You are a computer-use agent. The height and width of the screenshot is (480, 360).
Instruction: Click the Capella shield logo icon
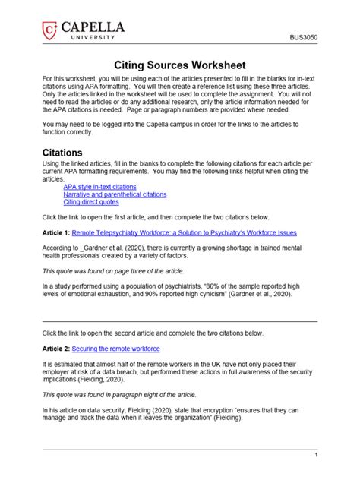(50, 30)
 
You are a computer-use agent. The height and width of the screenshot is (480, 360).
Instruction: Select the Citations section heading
(62, 152)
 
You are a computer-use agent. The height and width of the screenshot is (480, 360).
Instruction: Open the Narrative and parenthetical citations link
(115, 194)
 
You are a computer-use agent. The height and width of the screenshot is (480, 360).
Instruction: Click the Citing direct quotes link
(91, 203)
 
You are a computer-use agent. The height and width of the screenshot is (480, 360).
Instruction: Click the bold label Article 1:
(56, 233)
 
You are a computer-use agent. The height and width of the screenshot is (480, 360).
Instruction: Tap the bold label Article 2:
(56, 349)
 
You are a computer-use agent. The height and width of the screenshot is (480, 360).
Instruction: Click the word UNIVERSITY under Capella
(89, 37)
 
